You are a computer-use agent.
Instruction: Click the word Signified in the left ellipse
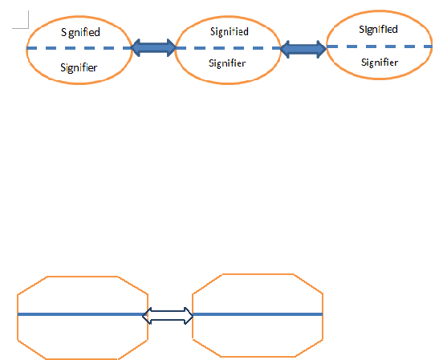click(x=80, y=32)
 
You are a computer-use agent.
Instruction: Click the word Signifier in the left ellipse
click(x=79, y=67)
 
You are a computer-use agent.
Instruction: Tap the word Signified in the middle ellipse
click(x=230, y=31)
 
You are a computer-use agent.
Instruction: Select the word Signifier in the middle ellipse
click(x=227, y=63)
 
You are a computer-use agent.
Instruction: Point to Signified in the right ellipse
click(x=378, y=30)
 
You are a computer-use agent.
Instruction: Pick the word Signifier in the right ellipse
click(x=380, y=63)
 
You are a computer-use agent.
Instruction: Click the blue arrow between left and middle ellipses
click(x=153, y=48)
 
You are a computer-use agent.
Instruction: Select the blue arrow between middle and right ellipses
click(x=303, y=49)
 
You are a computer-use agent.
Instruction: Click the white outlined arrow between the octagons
click(x=168, y=316)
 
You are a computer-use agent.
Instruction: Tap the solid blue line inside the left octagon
click(x=80, y=314)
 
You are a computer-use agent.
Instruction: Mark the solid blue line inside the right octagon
click(x=258, y=314)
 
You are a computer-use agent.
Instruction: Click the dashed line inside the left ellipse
click(x=79, y=48)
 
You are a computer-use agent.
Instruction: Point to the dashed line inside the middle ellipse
click(x=228, y=48)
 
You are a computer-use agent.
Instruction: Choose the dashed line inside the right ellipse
click(x=380, y=47)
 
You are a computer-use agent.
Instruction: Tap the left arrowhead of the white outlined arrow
click(x=147, y=316)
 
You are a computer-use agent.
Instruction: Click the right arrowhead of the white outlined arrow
click(x=189, y=316)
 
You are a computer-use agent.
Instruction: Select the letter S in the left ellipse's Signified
click(x=63, y=32)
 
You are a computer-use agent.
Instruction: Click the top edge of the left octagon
click(x=82, y=277)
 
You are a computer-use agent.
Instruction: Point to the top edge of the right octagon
click(x=258, y=274)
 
